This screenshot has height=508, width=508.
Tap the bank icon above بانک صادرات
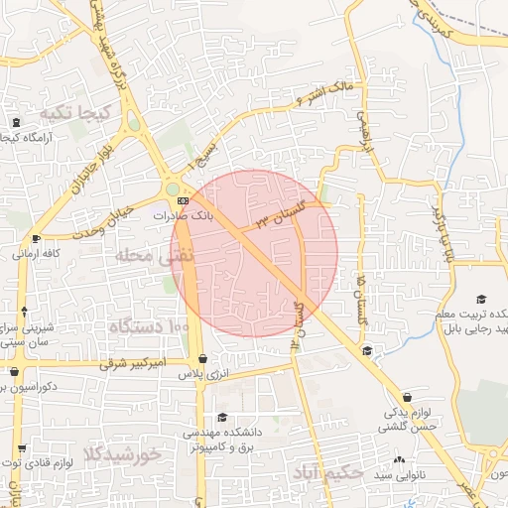click(182, 199)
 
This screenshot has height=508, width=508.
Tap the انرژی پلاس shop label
click(203, 374)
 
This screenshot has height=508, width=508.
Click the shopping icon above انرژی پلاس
click(203, 359)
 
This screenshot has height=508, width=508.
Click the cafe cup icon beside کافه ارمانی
click(37, 238)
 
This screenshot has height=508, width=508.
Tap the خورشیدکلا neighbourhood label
click(122, 455)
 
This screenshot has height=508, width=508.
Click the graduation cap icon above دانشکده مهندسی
click(222, 418)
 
